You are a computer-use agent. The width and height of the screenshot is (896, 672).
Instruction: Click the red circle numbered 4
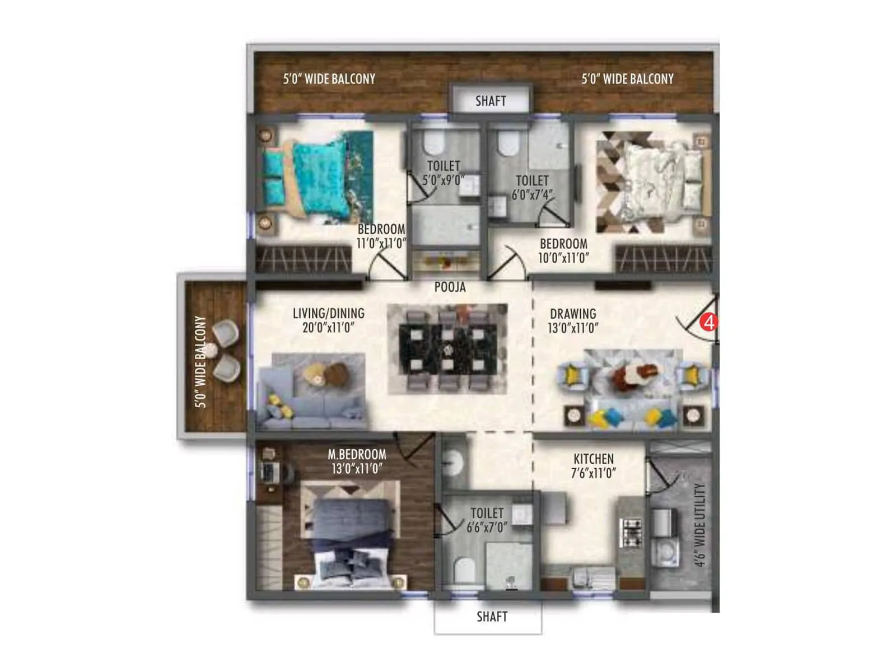709,323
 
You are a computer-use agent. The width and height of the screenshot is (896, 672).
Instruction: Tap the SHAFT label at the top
491,101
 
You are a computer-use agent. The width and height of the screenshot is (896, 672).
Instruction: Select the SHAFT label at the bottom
492,617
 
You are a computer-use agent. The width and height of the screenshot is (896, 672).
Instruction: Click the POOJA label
450,287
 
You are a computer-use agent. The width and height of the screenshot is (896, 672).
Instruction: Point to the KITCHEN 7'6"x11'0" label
593,466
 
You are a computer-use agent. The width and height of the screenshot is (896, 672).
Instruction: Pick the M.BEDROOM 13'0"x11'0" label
357,461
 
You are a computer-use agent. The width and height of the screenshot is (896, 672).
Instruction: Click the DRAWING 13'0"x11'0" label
573,321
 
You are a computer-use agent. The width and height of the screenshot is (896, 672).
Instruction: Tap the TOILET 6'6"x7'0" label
487,520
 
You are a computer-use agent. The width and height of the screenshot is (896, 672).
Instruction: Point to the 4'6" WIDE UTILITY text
699,525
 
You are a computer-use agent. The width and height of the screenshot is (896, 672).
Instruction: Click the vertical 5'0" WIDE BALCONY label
200,361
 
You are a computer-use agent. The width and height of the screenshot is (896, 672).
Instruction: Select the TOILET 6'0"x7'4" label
532,187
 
